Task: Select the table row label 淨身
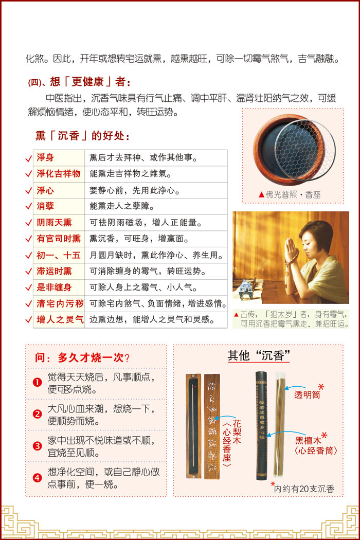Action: [45, 158]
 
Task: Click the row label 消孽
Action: [45, 206]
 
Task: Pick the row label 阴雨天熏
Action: [54, 223]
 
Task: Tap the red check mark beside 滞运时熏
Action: [29, 272]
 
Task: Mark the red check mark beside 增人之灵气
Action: [29, 320]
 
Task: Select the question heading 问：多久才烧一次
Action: [82, 358]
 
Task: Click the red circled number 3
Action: [37, 446]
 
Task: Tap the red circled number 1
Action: [37, 382]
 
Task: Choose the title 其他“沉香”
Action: [258, 355]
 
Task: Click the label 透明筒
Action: [307, 394]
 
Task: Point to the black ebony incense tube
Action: [261, 426]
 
